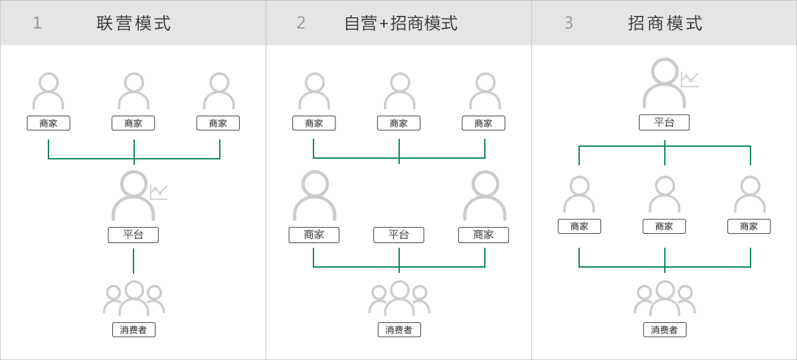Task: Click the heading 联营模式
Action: tap(133, 23)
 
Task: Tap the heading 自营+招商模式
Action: tap(400, 23)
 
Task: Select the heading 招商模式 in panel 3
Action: tap(665, 23)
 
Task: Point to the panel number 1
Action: tap(37, 23)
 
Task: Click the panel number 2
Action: tap(301, 23)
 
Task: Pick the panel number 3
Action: tap(569, 23)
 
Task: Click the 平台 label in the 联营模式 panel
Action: tap(133, 235)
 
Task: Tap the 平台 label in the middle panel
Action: tap(398, 235)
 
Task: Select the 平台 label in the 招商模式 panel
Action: tap(664, 122)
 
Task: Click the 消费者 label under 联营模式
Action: tap(133, 330)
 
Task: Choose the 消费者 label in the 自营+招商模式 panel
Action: tap(399, 330)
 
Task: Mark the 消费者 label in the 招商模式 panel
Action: tap(664, 330)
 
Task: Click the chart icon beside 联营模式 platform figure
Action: tap(159, 192)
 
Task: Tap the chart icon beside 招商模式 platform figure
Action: tap(689, 79)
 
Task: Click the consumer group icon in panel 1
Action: tap(133, 298)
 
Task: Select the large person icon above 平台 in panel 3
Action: tap(664, 83)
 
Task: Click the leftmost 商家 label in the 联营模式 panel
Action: tap(48, 124)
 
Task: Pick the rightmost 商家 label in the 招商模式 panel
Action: tap(749, 226)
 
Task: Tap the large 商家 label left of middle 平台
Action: tap(313, 235)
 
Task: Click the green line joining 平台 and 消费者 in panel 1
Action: tap(133, 261)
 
